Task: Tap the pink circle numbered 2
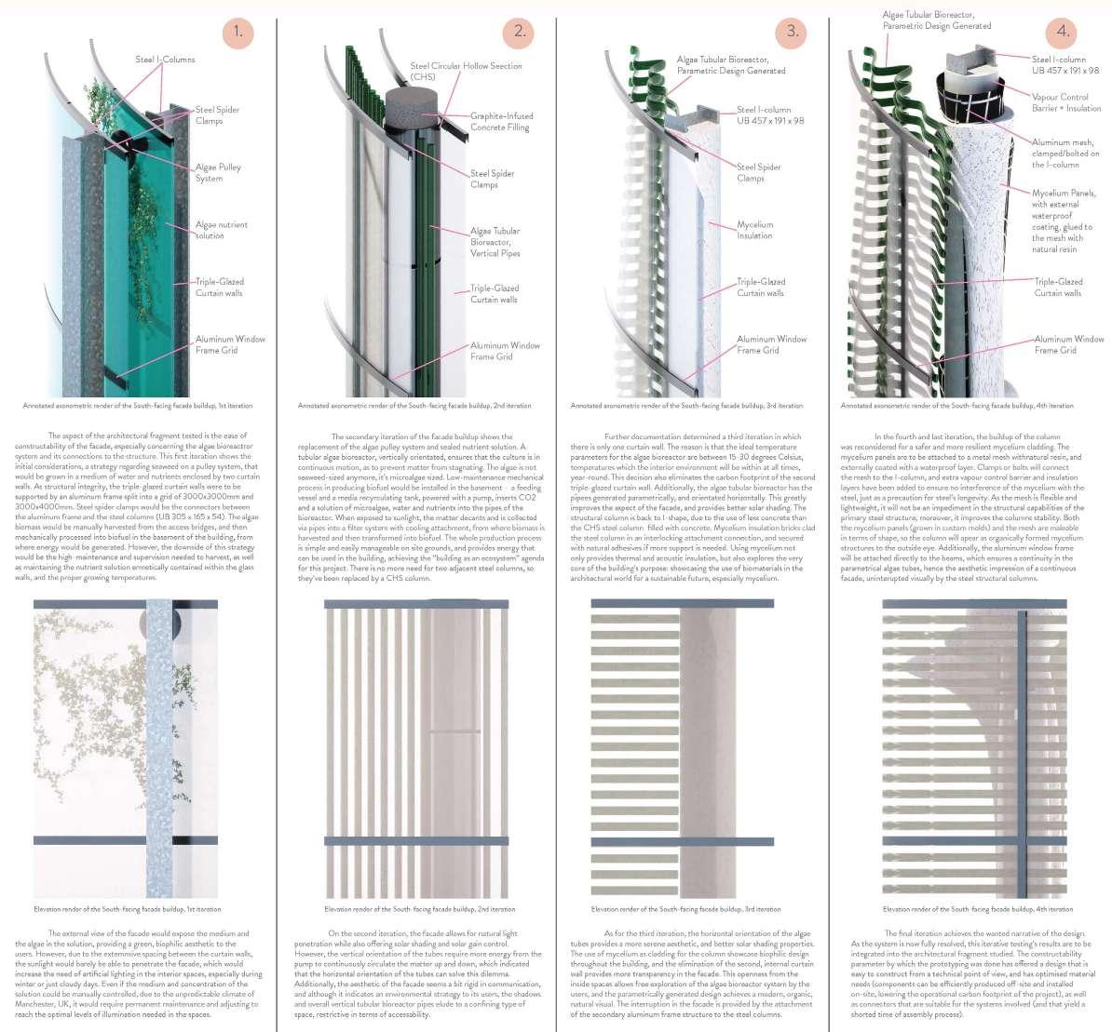(x=519, y=32)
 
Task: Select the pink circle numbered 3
(x=792, y=32)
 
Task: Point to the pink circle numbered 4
(x=1064, y=32)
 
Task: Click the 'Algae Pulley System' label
(x=218, y=172)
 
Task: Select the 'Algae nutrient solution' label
(x=221, y=230)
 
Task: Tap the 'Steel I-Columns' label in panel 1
(x=165, y=60)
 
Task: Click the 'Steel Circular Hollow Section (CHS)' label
(x=466, y=71)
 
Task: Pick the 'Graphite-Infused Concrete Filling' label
(x=501, y=122)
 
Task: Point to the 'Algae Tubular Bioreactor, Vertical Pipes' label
(x=495, y=242)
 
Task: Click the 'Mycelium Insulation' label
(x=754, y=230)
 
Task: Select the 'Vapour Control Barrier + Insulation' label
(x=1066, y=102)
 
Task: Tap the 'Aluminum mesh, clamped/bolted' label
(x=1065, y=154)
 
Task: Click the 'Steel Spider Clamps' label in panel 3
(x=758, y=172)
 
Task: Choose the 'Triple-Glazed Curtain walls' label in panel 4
(x=1058, y=287)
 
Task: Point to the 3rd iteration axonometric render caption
(x=685, y=406)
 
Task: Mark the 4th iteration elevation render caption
(x=977, y=909)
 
